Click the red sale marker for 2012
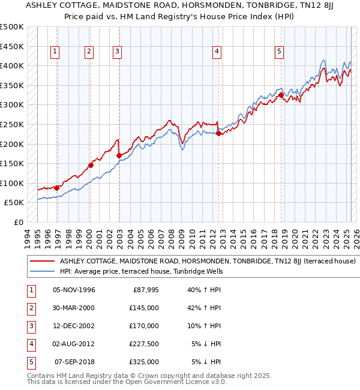pos(218,134)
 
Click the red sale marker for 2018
pos(281,95)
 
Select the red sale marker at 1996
pos(56,188)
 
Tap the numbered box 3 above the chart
pos(117,52)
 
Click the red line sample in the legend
pos(42,262)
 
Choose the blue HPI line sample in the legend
pos(42,272)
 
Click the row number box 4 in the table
pos(29,344)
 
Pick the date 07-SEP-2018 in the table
pos(74,362)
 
